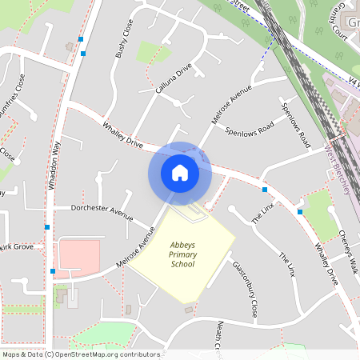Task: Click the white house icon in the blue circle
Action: (180, 173)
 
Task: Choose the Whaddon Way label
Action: (54, 165)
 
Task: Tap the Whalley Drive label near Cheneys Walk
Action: (326, 265)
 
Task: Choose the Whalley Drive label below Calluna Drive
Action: (122, 136)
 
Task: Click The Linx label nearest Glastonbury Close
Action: (286, 265)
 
